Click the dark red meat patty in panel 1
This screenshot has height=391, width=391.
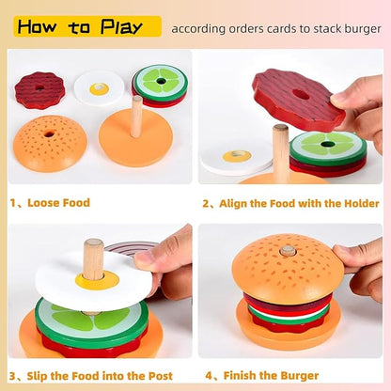(39, 89)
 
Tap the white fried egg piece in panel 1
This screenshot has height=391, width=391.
(99, 87)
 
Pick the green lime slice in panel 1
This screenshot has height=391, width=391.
(160, 82)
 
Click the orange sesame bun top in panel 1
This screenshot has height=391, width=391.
(49, 142)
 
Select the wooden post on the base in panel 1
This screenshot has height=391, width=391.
(137, 116)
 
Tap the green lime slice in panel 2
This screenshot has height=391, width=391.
(328, 147)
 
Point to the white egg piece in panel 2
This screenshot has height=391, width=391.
(235, 158)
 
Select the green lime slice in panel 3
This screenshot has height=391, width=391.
(89, 320)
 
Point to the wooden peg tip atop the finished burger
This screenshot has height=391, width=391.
(288, 251)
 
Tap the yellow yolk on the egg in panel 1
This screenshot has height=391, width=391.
(100, 88)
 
